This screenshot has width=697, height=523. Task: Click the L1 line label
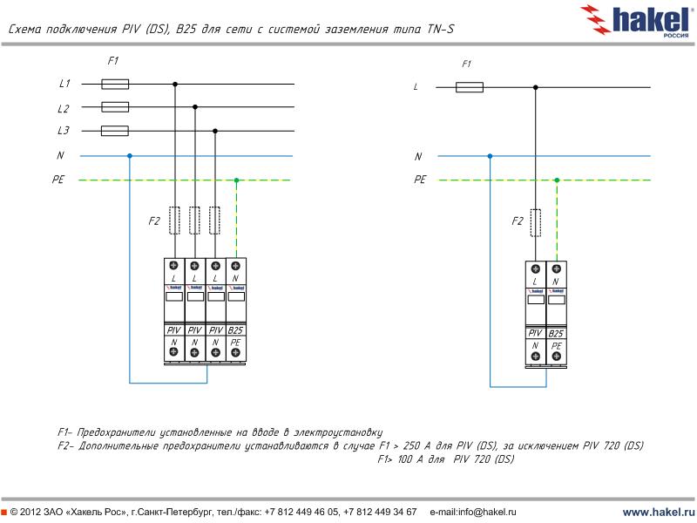pos(64,85)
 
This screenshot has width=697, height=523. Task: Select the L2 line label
pos(64,109)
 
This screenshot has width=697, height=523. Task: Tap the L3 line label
pos(64,132)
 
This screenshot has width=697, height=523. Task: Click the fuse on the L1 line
pos(115,85)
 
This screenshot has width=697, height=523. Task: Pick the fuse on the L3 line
pos(115,132)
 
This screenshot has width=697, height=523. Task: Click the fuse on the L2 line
pos(115,107)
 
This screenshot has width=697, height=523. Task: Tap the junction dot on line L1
pos(175,85)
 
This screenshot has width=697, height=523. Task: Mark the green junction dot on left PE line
pos(236,180)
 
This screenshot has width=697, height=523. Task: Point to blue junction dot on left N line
pos(130,156)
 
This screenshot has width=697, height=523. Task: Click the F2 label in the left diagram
pos(154,221)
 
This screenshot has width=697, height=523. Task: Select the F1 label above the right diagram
pos(466,65)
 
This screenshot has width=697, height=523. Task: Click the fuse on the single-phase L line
pos(470,87)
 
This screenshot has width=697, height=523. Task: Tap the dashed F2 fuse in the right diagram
pos(535,222)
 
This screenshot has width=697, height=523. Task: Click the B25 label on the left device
pos(235,331)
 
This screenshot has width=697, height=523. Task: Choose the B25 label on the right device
pos(556,334)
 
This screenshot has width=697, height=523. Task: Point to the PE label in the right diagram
pos(421,180)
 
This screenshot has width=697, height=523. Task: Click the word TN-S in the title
pos(439,30)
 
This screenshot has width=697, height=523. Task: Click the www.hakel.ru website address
pos(658,512)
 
